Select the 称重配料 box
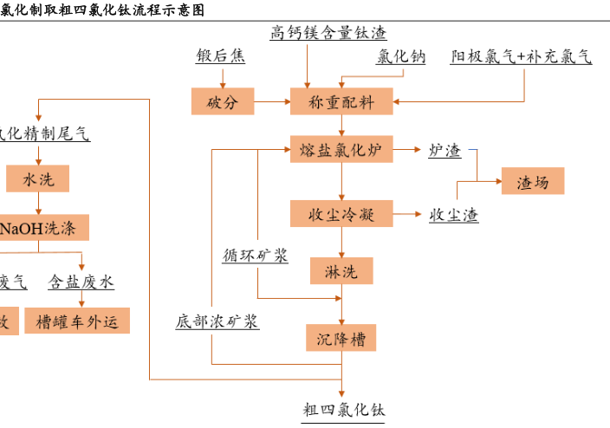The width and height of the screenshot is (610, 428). point(341,102)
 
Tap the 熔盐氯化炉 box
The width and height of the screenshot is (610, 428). point(341,150)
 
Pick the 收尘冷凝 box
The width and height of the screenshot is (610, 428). point(341,213)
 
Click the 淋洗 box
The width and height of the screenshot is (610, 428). point(341,271)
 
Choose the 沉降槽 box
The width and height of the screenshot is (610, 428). point(341,338)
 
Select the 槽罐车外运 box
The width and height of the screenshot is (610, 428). point(77,321)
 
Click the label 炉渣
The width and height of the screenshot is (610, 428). point(445,151)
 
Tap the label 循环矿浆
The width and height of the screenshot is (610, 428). point(256,256)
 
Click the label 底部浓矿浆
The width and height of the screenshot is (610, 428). point(217,321)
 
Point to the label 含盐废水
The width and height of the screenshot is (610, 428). point(81,282)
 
